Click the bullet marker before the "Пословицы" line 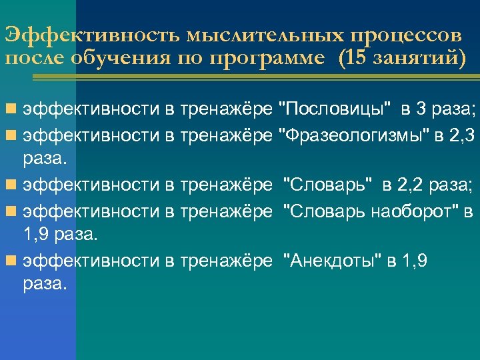[10, 107]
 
